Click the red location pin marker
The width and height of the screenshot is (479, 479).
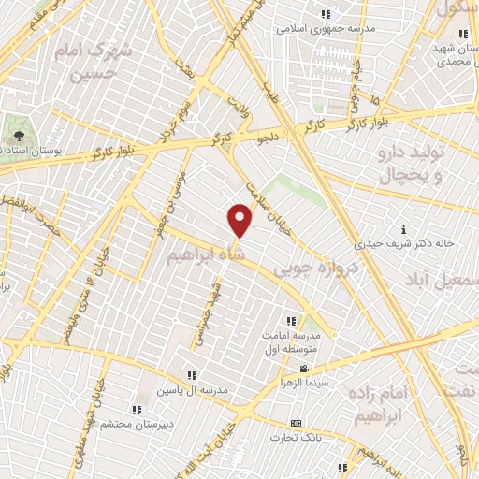coord(240,221)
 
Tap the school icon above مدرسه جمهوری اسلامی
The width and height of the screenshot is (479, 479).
coord(327,14)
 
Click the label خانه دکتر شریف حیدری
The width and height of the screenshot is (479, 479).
coord(403,242)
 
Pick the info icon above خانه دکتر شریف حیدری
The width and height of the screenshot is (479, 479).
coord(403,229)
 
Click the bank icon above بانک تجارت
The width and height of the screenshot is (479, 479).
coord(297,423)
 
